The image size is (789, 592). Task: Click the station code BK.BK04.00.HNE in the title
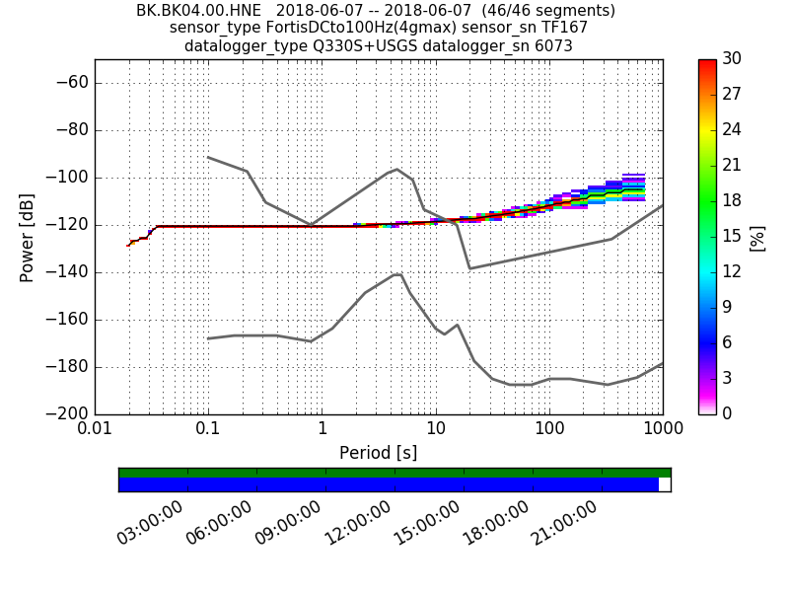tap(198, 11)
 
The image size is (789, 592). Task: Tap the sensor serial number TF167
tap(565, 29)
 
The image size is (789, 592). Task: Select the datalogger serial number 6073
tap(551, 46)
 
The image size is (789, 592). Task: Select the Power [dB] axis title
tap(28, 237)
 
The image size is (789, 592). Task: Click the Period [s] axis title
tap(378, 453)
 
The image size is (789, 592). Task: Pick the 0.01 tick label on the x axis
tap(95, 430)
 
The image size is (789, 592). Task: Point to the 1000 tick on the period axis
tap(662, 430)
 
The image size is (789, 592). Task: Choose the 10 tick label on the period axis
tap(435, 430)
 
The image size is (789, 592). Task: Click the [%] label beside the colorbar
tap(758, 237)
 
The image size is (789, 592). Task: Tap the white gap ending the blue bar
tap(664, 484)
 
